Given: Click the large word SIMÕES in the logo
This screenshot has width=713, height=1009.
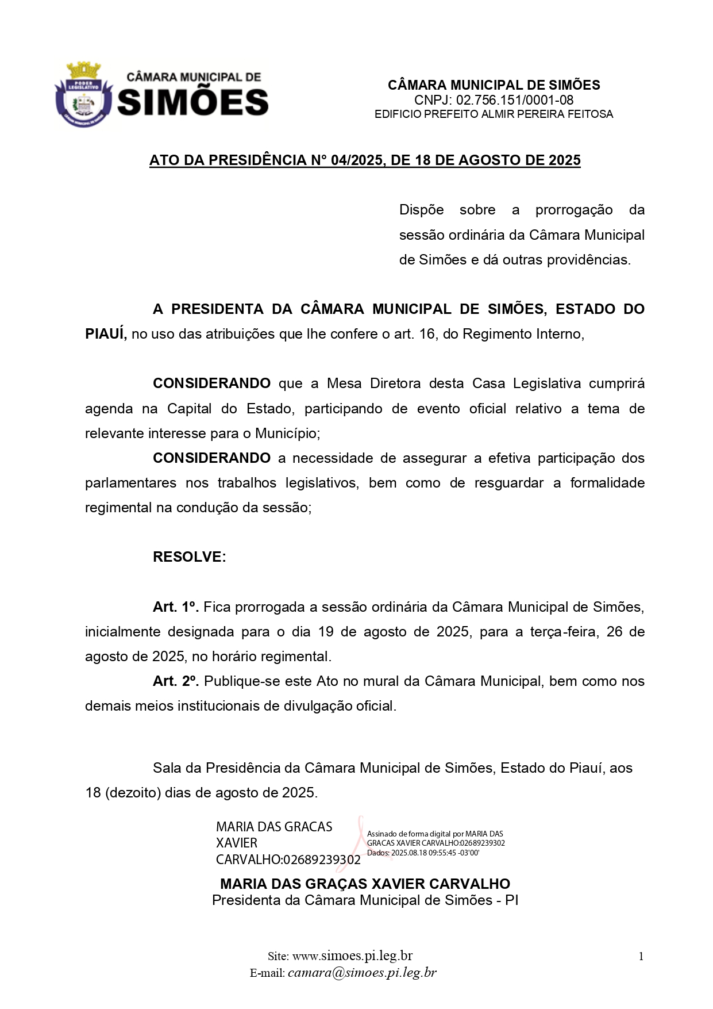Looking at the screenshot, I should click(x=192, y=102).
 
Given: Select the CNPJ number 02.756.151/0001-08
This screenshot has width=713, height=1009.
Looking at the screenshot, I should click(x=514, y=100).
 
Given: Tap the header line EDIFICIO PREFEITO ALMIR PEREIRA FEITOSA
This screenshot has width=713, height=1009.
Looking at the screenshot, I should click(x=494, y=114).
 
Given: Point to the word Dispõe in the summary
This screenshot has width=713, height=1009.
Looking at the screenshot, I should click(x=421, y=210).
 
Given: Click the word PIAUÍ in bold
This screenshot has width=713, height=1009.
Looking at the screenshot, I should click(x=106, y=334).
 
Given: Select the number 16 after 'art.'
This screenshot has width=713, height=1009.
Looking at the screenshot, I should click(x=427, y=334).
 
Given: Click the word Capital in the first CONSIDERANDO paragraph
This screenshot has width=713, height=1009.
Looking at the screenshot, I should click(x=189, y=409).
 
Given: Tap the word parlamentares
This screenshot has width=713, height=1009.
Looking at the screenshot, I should click(x=130, y=483).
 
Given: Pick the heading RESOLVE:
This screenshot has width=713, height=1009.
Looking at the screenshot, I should click(x=189, y=557).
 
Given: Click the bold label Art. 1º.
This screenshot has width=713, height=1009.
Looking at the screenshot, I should click(x=175, y=607).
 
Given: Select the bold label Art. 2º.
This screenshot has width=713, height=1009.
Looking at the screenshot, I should click(x=175, y=681).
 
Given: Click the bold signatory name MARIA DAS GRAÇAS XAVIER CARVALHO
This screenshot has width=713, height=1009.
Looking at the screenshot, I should click(x=365, y=884).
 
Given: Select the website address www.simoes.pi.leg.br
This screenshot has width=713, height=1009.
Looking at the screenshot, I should click(x=352, y=956).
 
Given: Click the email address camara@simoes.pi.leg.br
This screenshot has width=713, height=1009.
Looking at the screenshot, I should click(x=362, y=973).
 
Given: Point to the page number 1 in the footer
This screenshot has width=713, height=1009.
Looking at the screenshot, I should click(x=641, y=957).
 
